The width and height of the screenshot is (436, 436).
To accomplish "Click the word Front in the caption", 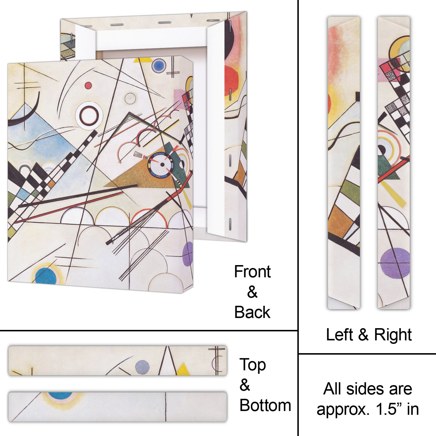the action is (x=252, y=272).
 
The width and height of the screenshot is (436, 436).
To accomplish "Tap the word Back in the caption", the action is (x=252, y=312).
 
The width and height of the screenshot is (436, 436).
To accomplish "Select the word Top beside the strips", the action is (x=253, y=366).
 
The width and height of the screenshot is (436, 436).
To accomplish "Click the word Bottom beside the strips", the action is (x=265, y=405).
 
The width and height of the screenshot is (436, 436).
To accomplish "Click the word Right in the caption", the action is (x=393, y=335).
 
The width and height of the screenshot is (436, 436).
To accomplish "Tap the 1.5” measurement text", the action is (x=387, y=409).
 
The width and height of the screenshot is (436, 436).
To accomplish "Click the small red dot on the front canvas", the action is (x=88, y=85).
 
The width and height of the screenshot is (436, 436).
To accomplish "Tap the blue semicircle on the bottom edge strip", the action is (x=60, y=396).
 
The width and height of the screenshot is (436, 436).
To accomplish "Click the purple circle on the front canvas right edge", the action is (x=188, y=254).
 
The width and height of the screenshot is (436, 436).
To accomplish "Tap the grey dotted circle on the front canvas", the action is (x=130, y=99).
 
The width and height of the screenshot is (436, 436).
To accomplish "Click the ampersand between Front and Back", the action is (x=252, y=292).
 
